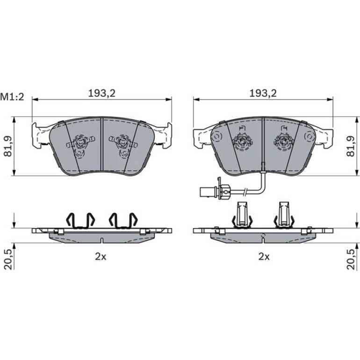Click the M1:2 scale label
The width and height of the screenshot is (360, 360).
click(x=12, y=97)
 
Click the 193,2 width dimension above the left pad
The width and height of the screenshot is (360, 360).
click(x=102, y=94)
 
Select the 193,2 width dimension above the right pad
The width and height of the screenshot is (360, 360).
click(x=263, y=94)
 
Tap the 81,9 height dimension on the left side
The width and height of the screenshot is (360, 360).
click(x=8, y=146)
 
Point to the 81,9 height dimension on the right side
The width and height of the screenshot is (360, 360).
click(x=351, y=146)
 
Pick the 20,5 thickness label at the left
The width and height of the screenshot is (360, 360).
click(x=8, y=259)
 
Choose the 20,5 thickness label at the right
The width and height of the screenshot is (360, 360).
click(x=351, y=259)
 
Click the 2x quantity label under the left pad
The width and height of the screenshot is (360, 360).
click(x=101, y=257)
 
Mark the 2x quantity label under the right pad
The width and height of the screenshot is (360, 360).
click(x=264, y=257)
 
